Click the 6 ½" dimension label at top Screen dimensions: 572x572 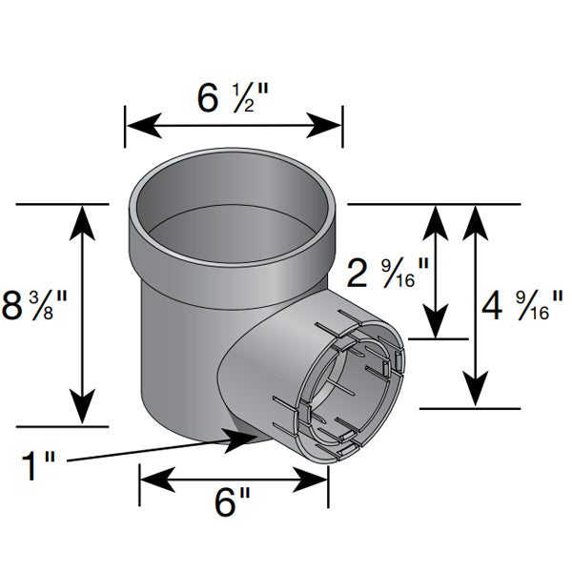(x=233, y=98)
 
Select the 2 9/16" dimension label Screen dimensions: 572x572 (x=387, y=274)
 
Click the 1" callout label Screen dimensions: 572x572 (x=38, y=465)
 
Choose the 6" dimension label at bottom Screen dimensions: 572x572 (x=233, y=502)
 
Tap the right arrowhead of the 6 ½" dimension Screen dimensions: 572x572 (x=323, y=126)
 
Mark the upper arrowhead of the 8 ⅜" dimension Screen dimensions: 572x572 (x=83, y=223)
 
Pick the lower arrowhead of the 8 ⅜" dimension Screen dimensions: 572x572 (x=83, y=407)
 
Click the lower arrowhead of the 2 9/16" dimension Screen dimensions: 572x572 (x=436, y=321)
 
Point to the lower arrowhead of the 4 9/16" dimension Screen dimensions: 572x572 (x=476, y=389)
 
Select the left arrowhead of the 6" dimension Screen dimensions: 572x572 (x=158, y=480)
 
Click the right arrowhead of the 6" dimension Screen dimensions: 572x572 (x=310, y=480)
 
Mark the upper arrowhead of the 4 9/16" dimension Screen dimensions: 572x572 (x=476, y=223)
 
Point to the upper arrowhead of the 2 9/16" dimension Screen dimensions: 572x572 (x=436, y=223)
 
